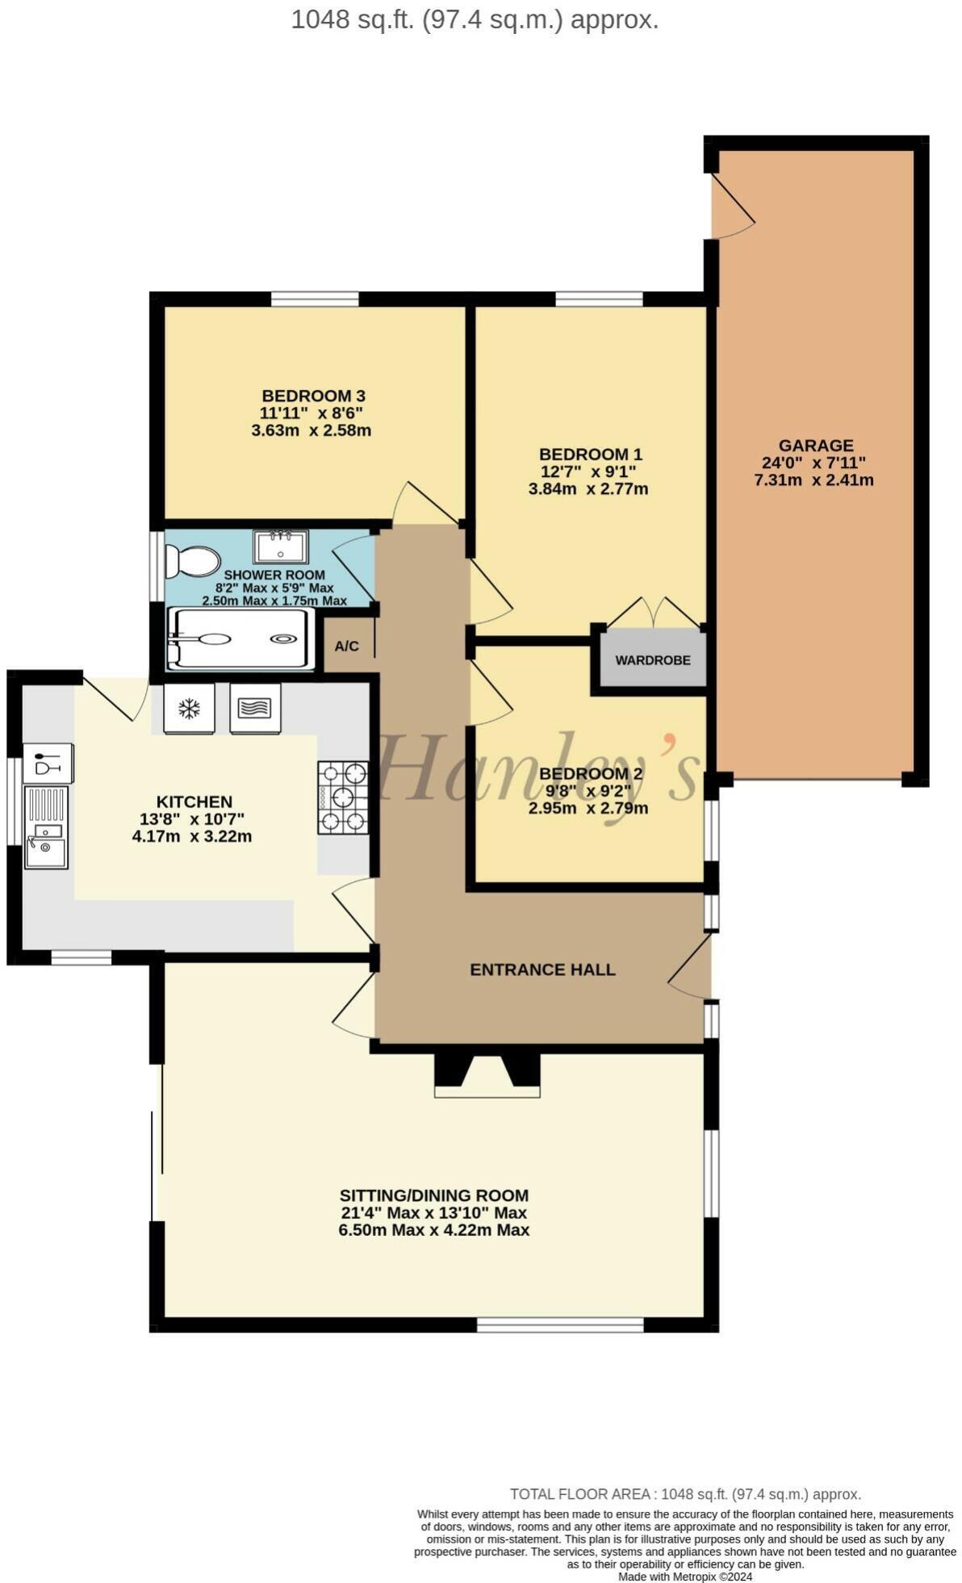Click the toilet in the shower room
(192, 561)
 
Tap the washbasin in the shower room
(280, 547)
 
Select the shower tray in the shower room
(240, 639)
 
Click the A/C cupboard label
(346, 647)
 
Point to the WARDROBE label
(652, 660)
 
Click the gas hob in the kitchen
(343, 798)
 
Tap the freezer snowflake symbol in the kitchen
(189, 709)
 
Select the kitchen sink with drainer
(46, 827)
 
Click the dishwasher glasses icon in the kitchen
(48, 762)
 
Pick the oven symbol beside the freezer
(255, 709)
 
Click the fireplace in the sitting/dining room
(487, 1075)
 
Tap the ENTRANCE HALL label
(542, 969)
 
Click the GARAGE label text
(815, 446)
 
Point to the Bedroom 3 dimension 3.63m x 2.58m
(311, 430)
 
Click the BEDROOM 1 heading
(590, 454)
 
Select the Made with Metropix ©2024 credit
(684, 1576)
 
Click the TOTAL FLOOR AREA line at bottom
(684, 1494)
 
